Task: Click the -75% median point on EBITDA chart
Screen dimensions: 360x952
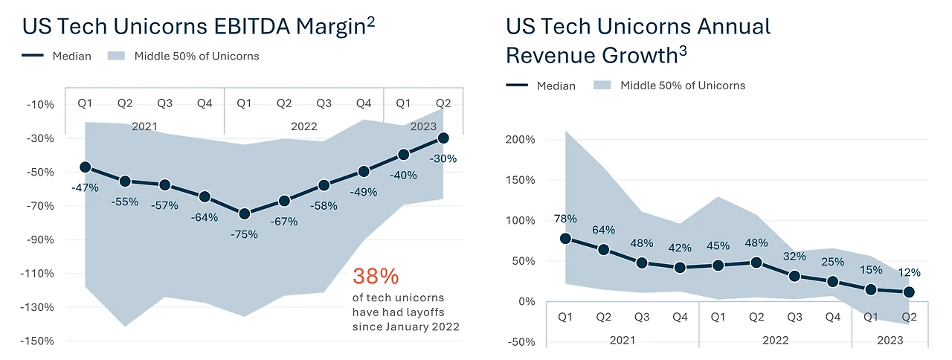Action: click(244, 213)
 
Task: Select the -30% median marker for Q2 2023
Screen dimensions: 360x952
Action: click(443, 138)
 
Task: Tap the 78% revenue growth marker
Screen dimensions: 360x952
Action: click(565, 239)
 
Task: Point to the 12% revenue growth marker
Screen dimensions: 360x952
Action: click(909, 292)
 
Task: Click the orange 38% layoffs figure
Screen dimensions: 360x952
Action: click(376, 277)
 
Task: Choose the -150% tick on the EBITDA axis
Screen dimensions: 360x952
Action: click(39, 341)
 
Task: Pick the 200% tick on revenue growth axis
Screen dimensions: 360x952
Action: click(520, 140)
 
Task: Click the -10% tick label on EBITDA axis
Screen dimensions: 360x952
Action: click(39, 104)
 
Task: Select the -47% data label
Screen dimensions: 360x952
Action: click(85, 187)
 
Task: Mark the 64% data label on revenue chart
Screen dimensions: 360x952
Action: click(604, 229)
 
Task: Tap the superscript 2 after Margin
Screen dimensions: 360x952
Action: click(370, 22)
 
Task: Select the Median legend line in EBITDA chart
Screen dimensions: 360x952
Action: click(34, 56)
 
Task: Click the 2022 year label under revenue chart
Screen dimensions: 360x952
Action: click(775, 340)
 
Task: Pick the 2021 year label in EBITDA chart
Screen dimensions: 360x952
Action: click(144, 126)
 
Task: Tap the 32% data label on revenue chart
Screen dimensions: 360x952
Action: click(794, 257)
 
